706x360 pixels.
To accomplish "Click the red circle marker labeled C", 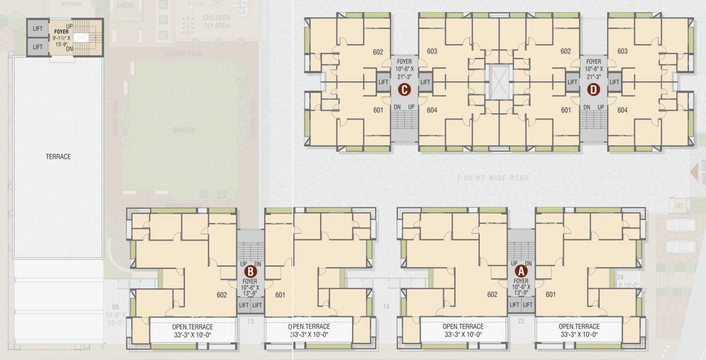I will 404,90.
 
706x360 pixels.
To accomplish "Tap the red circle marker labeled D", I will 593,90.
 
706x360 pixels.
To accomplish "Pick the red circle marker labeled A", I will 521,270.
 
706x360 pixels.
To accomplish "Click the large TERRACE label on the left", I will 58,156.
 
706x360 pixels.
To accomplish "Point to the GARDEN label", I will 183,130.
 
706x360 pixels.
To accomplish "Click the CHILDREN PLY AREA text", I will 216,22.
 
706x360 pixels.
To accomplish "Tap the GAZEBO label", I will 124,4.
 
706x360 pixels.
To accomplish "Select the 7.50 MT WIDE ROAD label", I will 492,178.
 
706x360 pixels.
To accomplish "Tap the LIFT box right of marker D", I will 614,82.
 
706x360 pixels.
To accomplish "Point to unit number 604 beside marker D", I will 622,110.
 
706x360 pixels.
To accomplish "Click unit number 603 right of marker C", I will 432,51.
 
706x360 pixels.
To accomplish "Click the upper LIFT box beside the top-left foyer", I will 38,29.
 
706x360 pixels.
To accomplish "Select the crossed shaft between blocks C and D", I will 498,82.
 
